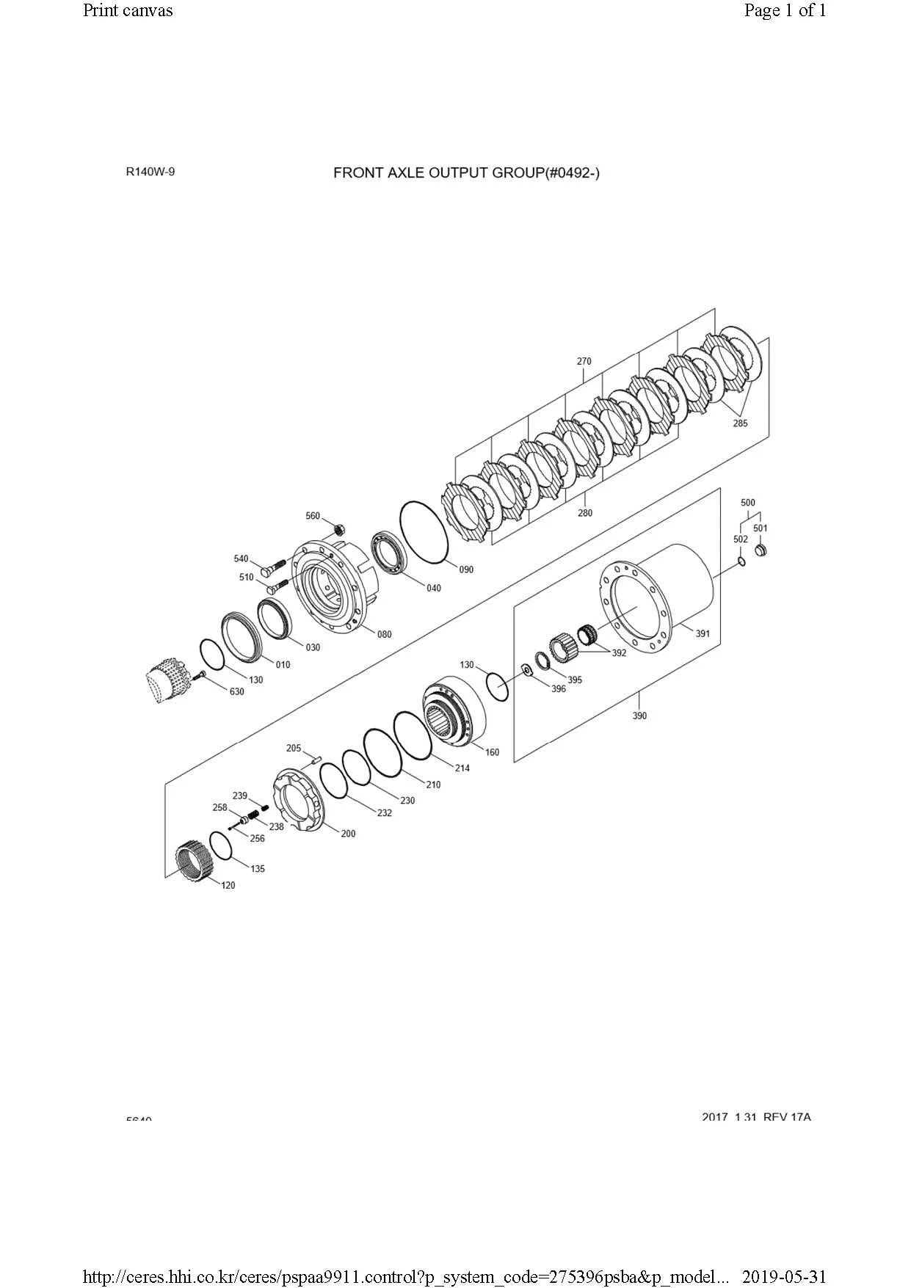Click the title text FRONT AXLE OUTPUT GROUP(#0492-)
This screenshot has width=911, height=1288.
(x=466, y=173)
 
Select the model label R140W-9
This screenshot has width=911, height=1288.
(x=150, y=172)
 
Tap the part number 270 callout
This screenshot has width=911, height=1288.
(x=584, y=361)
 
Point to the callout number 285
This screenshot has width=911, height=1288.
(x=740, y=423)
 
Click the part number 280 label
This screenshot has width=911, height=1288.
(x=584, y=513)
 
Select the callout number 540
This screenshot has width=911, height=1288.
(x=241, y=559)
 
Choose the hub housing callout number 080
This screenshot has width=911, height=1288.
(x=384, y=635)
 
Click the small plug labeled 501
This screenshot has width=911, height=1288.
(x=761, y=549)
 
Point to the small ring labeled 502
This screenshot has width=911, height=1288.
(x=741, y=562)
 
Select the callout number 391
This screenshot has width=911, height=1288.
(x=703, y=633)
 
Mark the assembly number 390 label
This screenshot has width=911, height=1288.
(x=639, y=716)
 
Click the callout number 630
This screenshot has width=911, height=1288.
(x=236, y=691)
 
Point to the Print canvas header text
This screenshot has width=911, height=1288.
(x=128, y=10)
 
